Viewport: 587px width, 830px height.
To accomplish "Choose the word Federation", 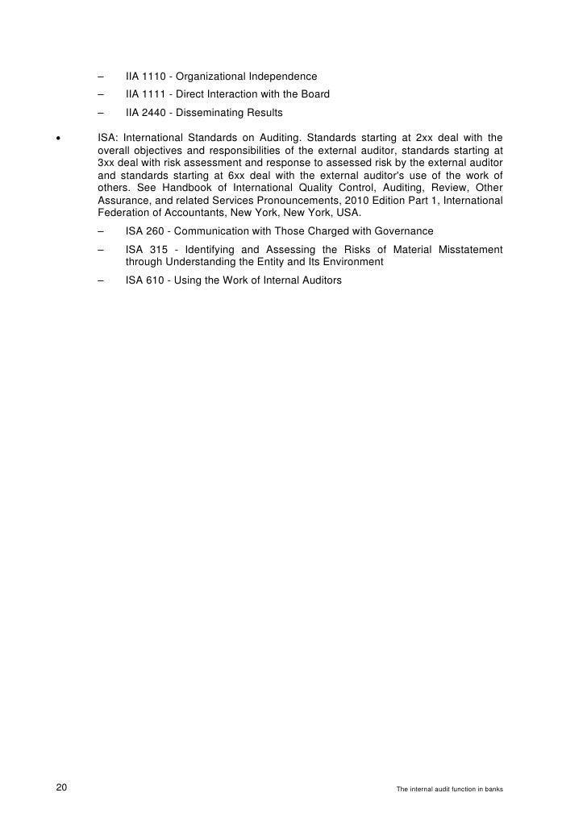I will (x=123, y=213).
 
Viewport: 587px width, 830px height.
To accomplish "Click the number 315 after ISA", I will (x=158, y=251).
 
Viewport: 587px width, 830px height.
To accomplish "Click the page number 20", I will (x=61, y=788).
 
